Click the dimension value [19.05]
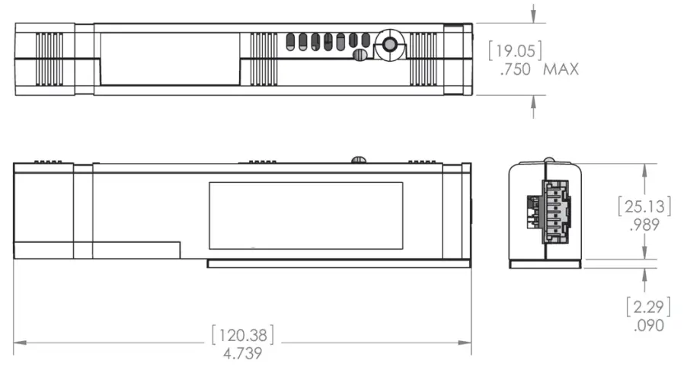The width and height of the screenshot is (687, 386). (515, 51)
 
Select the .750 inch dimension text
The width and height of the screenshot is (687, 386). (516, 69)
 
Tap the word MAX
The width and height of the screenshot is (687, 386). (561, 69)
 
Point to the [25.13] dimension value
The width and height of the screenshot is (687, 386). (644, 206)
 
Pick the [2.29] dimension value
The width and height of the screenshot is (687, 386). (647, 307)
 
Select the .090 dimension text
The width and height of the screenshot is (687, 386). (648, 325)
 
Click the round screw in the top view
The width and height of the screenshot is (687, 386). (390, 46)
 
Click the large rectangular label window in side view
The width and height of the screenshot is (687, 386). (306, 215)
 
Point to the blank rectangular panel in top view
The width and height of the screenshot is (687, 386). (169, 59)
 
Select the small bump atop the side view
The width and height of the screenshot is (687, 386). (359, 160)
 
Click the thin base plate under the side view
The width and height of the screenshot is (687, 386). (339, 263)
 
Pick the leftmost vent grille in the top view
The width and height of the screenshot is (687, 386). (49, 59)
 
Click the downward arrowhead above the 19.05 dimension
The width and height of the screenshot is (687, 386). (534, 17)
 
